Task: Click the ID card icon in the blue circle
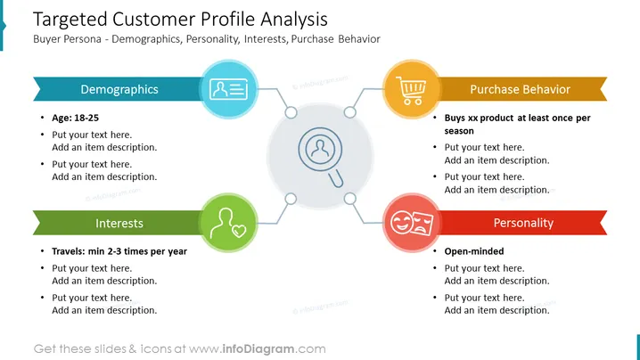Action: pyautogui.click(x=228, y=89)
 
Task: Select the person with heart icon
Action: pyautogui.click(x=228, y=223)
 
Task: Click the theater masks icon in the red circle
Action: pyautogui.click(x=412, y=223)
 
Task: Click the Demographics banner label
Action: pyautogui.click(x=119, y=89)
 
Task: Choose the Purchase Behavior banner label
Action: pyautogui.click(x=520, y=89)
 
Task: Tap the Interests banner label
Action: pyautogui.click(x=119, y=224)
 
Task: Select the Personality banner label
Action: pyautogui.click(x=523, y=223)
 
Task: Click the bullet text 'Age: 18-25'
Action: pyautogui.click(x=75, y=118)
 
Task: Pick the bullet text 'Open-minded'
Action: pyautogui.click(x=474, y=251)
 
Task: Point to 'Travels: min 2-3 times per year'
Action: pyautogui.click(x=119, y=251)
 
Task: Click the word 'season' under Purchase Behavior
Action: pyautogui.click(x=459, y=131)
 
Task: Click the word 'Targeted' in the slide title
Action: pyautogui.click(x=70, y=20)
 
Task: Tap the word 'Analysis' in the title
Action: pyautogui.click(x=294, y=20)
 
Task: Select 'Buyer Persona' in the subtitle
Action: pyautogui.click(x=68, y=39)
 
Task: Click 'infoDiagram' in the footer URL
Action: pyautogui.click(x=258, y=349)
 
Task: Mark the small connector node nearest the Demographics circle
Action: pyautogui.click(x=291, y=112)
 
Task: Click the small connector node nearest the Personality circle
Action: pyautogui.click(x=349, y=199)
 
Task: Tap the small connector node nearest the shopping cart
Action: pyautogui.click(x=349, y=112)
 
